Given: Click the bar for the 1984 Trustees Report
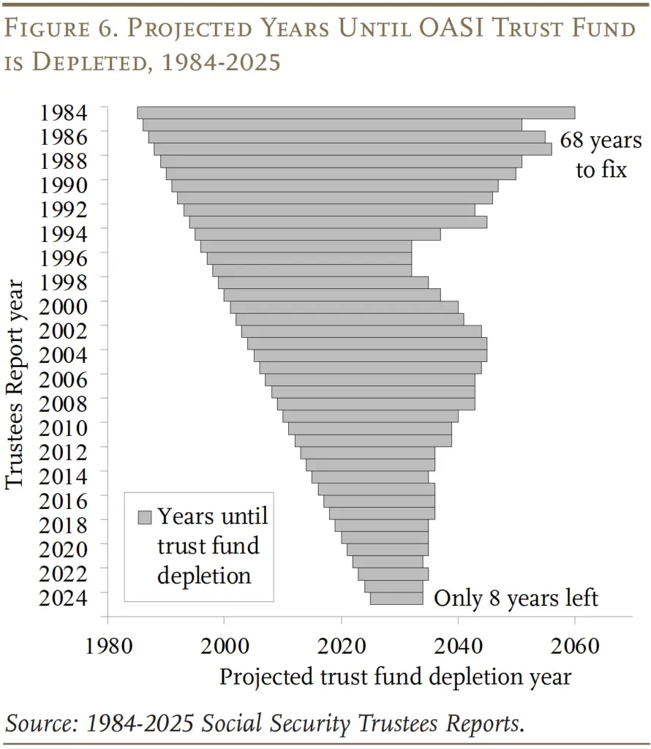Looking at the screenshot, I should click(355, 113).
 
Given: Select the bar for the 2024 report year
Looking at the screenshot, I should click(394, 587).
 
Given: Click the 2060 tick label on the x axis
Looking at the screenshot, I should click(574, 647).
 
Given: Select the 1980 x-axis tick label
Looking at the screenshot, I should click(108, 647).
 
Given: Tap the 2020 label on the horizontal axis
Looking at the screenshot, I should click(341, 647).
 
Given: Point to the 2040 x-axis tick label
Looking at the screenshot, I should click(458, 647).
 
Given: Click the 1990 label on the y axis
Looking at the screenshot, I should click(64, 185).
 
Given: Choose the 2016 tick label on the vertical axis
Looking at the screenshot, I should click(64, 500).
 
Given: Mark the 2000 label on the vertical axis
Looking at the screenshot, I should click(64, 306).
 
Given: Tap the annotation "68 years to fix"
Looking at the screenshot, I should click(601, 154).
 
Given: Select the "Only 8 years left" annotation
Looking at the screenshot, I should click(516, 598).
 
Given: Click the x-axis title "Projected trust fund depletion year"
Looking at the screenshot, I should click(395, 677).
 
